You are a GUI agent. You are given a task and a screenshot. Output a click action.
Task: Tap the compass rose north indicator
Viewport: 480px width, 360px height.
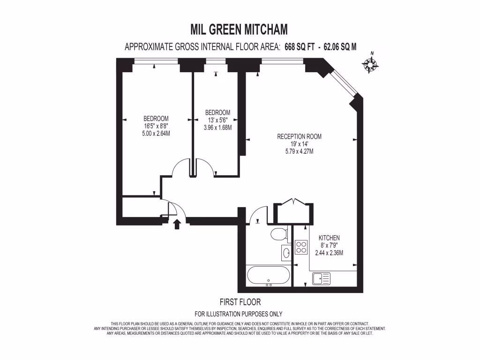[x=371, y=64]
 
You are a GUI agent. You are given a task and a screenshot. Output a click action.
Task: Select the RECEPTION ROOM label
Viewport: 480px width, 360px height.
[x=299, y=136]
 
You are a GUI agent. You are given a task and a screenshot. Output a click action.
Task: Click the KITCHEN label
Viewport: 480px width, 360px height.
[x=329, y=238]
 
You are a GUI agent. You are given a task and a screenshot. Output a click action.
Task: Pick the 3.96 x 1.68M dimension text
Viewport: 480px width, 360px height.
[x=217, y=127]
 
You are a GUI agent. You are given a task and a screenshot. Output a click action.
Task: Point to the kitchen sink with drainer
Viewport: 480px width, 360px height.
[x=321, y=278]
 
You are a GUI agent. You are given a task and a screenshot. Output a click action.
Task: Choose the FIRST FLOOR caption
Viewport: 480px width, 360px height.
[x=240, y=302]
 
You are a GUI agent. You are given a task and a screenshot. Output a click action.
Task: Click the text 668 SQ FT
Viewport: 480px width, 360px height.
[x=300, y=46]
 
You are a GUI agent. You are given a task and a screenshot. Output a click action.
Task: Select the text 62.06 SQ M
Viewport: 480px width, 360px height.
[x=337, y=46]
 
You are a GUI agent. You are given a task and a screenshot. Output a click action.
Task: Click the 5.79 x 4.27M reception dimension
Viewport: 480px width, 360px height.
[x=299, y=151]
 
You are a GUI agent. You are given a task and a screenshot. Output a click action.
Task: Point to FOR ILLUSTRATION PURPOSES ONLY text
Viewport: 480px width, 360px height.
[x=238, y=314]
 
